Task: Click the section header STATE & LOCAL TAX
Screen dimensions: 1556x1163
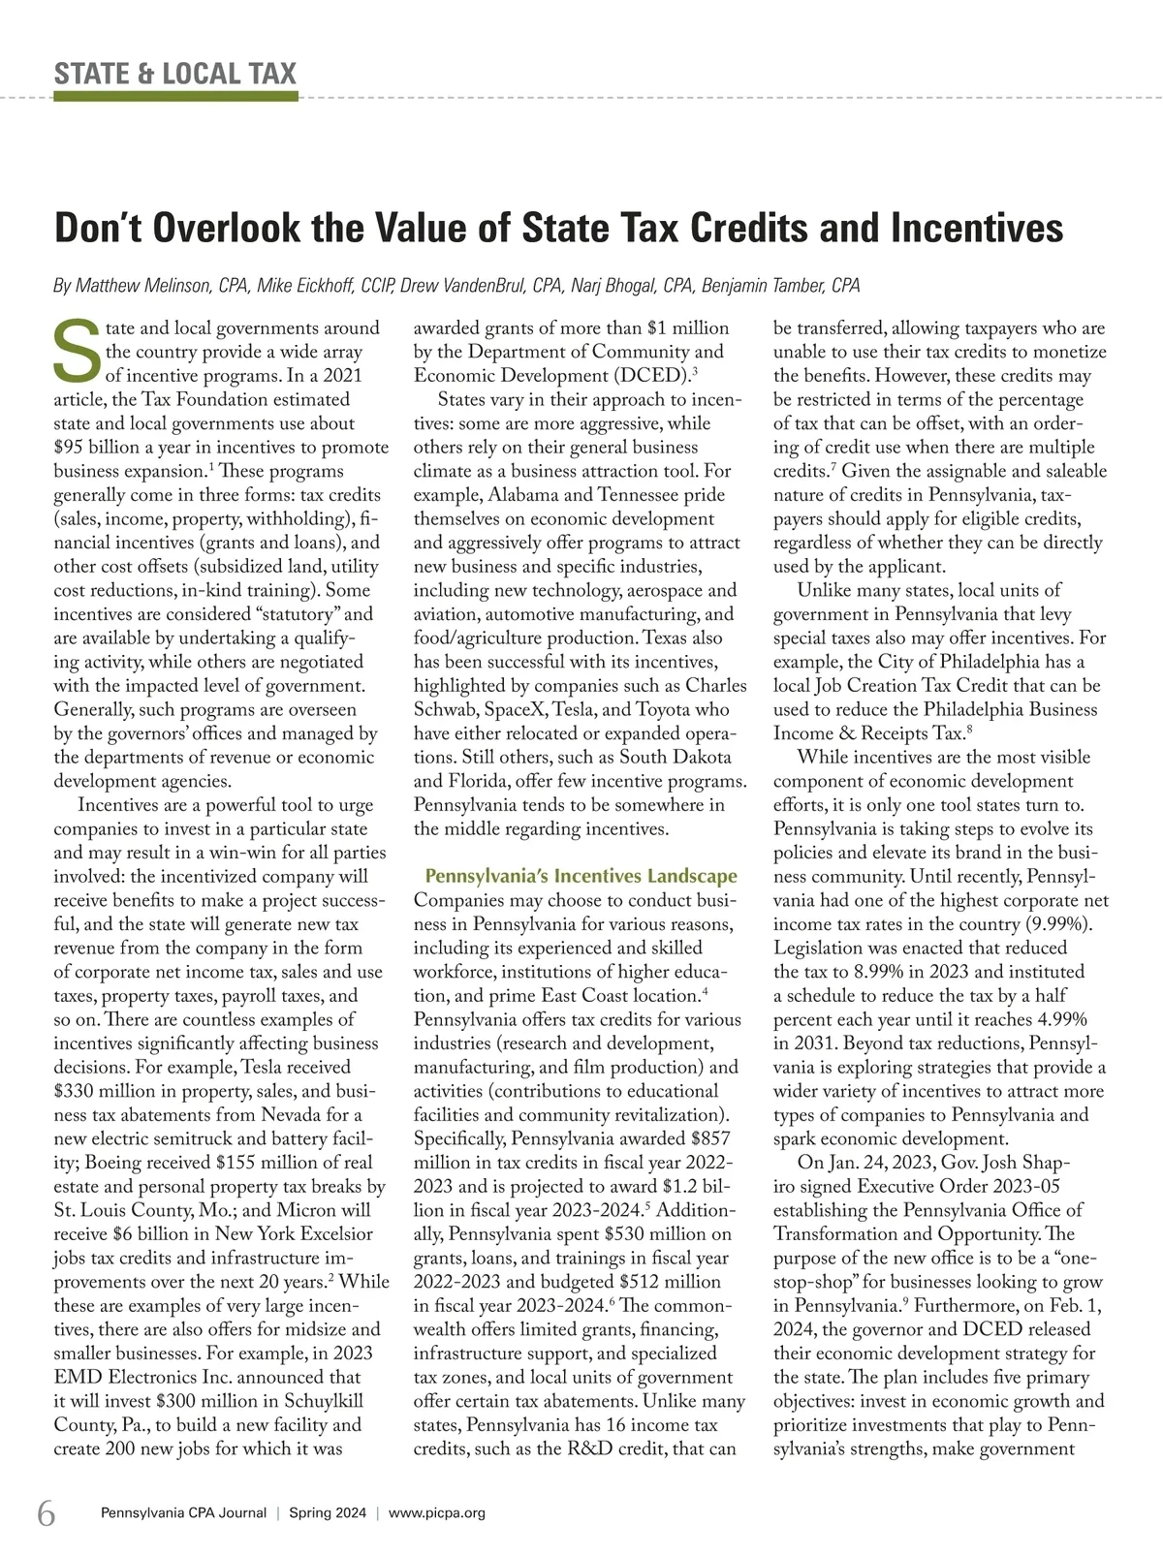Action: pos(175,74)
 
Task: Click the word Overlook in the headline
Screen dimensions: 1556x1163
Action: pos(220,229)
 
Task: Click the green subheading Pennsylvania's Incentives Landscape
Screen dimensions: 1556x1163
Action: pos(581,877)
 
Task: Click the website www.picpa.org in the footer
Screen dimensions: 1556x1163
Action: pos(436,1513)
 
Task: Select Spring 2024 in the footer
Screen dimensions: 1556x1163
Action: pos(327,1513)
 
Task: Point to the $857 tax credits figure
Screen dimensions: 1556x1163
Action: pos(711,1138)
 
